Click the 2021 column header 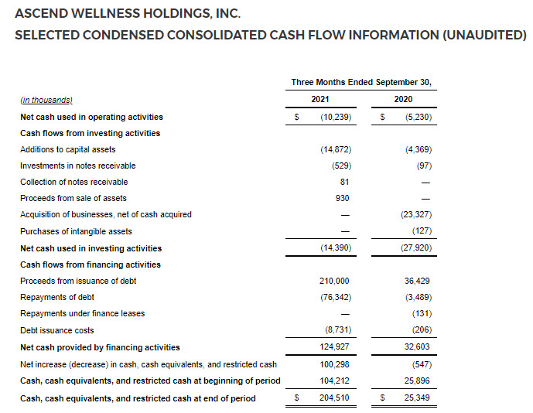pos(320,100)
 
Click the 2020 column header pos(403,100)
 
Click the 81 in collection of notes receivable pos(344,182)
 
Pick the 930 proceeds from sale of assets pos(342,199)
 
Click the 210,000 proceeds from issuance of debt pos(335,281)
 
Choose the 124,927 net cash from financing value pos(335,347)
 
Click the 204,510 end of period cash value pos(335,398)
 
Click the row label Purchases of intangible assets pos(76,231)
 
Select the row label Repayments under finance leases pos(82,314)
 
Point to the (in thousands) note pos(46,100)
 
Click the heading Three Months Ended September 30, pos(361,82)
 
